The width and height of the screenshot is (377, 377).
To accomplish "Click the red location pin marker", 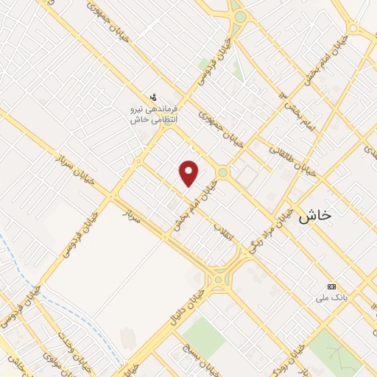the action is tap(189, 172).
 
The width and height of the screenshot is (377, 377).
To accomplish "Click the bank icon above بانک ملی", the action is tap(331, 286).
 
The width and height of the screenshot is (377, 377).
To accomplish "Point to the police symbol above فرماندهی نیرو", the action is tap(153, 96).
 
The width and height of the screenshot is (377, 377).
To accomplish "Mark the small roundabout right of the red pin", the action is tap(222, 172).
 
